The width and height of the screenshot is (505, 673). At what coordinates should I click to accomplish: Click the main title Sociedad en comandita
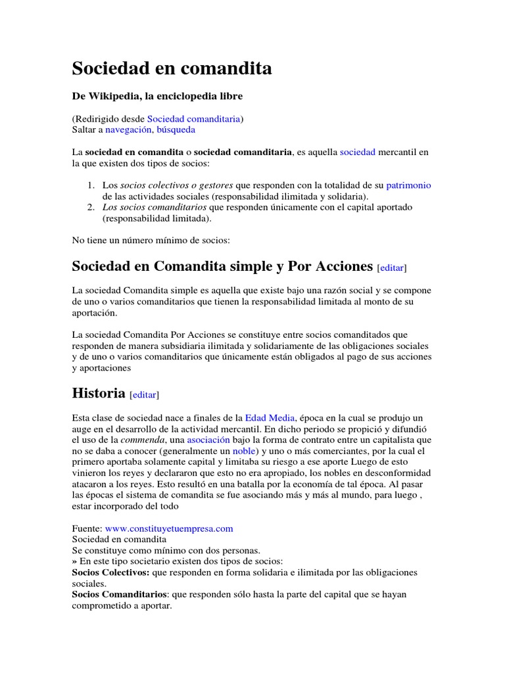tap(172, 68)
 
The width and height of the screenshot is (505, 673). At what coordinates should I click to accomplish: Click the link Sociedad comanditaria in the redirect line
tap(194, 118)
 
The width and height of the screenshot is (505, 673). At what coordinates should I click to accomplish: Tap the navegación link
tap(128, 129)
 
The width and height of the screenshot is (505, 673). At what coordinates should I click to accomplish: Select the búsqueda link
tap(176, 129)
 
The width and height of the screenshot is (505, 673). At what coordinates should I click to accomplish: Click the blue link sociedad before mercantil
tap(357, 152)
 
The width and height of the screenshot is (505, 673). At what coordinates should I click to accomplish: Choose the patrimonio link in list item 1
tap(408, 185)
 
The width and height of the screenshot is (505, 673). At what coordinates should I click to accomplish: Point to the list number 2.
tap(91, 207)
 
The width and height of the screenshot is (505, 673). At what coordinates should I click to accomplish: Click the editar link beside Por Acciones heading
tap(392, 267)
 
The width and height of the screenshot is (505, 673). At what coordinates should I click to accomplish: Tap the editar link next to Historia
tap(145, 395)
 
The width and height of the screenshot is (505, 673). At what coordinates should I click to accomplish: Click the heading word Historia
tap(98, 393)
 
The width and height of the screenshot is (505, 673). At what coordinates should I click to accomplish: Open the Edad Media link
tap(270, 417)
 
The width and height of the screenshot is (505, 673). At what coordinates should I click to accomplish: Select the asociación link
tap(208, 439)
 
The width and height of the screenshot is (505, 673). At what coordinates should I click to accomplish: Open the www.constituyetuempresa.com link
tap(169, 528)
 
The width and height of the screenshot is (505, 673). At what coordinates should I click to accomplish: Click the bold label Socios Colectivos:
tap(110, 572)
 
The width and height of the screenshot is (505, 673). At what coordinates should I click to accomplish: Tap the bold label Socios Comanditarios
tap(120, 594)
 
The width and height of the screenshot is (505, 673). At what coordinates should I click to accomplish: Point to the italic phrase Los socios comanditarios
tap(153, 207)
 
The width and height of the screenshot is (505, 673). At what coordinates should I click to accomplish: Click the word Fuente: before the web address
tap(87, 528)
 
